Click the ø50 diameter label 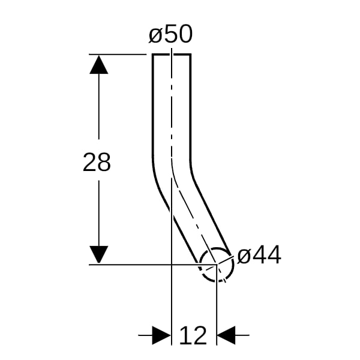(x=170, y=34)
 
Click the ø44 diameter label (x=259, y=254)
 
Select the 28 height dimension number (x=97, y=162)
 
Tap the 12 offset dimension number (x=193, y=335)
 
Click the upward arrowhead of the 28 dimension (x=99, y=65)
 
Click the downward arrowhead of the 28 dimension (x=99, y=254)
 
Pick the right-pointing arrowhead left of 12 (x=161, y=335)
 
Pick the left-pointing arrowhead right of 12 (x=226, y=335)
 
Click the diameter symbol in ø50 (x=156, y=35)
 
